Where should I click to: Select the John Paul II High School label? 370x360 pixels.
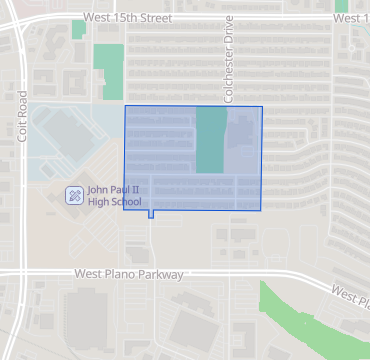[x=114, y=195]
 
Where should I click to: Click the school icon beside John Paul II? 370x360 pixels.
[x=74, y=195]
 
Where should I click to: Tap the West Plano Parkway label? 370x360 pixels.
[x=130, y=274]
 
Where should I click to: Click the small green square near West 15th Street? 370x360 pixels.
[x=78, y=29]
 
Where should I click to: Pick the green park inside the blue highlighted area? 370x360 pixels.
[x=210, y=140]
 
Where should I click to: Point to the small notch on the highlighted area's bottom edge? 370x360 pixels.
[x=151, y=214]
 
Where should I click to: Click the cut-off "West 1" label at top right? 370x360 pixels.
[x=351, y=18]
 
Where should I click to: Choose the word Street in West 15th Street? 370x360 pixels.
[x=153, y=18]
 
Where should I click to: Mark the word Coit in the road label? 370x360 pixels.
[x=22, y=131]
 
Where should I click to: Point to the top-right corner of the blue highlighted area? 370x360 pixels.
[x=262, y=106]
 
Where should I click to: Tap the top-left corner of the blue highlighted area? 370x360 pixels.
[x=125, y=106]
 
